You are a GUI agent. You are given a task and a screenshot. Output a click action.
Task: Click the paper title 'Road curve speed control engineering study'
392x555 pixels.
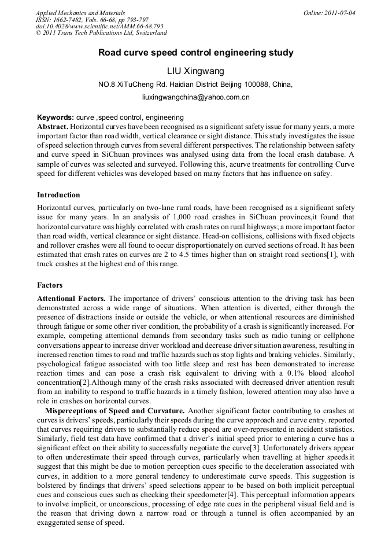[x=195, y=53]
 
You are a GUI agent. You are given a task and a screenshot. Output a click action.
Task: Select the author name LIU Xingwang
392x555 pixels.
[x=195, y=71]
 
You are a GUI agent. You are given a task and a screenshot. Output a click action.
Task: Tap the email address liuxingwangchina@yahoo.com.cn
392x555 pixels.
[x=195, y=97]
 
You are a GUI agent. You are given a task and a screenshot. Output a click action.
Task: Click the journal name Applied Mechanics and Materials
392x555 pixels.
[x=80, y=13]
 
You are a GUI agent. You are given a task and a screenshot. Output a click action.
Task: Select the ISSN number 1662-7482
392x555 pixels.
[x=70, y=20]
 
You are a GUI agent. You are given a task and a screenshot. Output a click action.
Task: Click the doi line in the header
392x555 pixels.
[x=99, y=27]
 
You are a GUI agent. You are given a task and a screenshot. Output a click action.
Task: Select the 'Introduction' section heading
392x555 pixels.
[x=58, y=195]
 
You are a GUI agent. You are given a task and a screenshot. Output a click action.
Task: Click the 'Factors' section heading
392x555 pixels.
[x=50, y=285]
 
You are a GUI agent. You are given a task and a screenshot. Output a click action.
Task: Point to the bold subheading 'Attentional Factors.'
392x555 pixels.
[x=71, y=299]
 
